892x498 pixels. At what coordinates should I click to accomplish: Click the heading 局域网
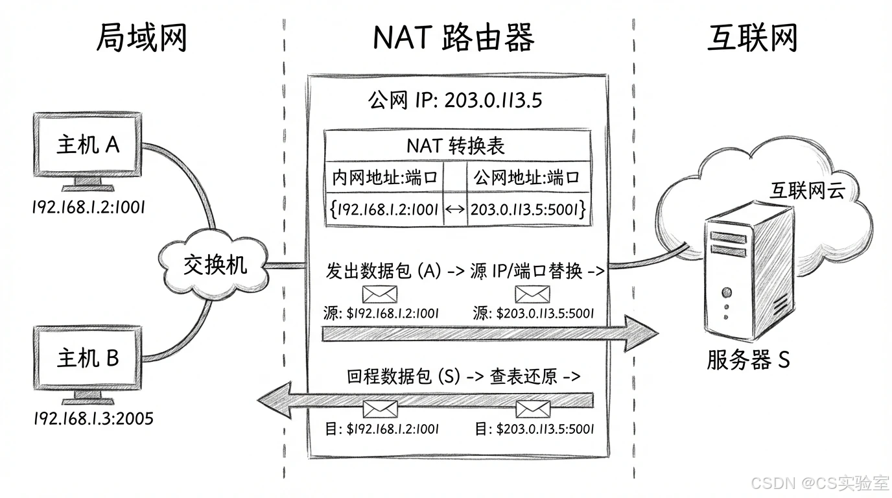pos(141,38)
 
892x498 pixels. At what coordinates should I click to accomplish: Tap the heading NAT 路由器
pos(454,38)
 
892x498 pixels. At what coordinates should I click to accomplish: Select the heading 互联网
pos(751,38)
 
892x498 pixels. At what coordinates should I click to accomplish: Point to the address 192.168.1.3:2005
pos(93,418)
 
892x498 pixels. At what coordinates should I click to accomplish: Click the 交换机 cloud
pos(214,265)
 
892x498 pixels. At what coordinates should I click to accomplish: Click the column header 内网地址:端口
pos(384,177)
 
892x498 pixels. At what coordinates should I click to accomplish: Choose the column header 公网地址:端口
pos(526,177)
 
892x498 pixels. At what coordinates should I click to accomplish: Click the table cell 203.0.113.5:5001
pos(528,209)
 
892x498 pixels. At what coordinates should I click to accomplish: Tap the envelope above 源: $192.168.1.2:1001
pos(379,294)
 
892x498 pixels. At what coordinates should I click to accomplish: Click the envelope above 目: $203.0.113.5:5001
pos(533,409)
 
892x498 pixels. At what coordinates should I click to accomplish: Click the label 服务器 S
pos(748,359)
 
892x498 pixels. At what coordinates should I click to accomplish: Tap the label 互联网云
pos(806,189)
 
